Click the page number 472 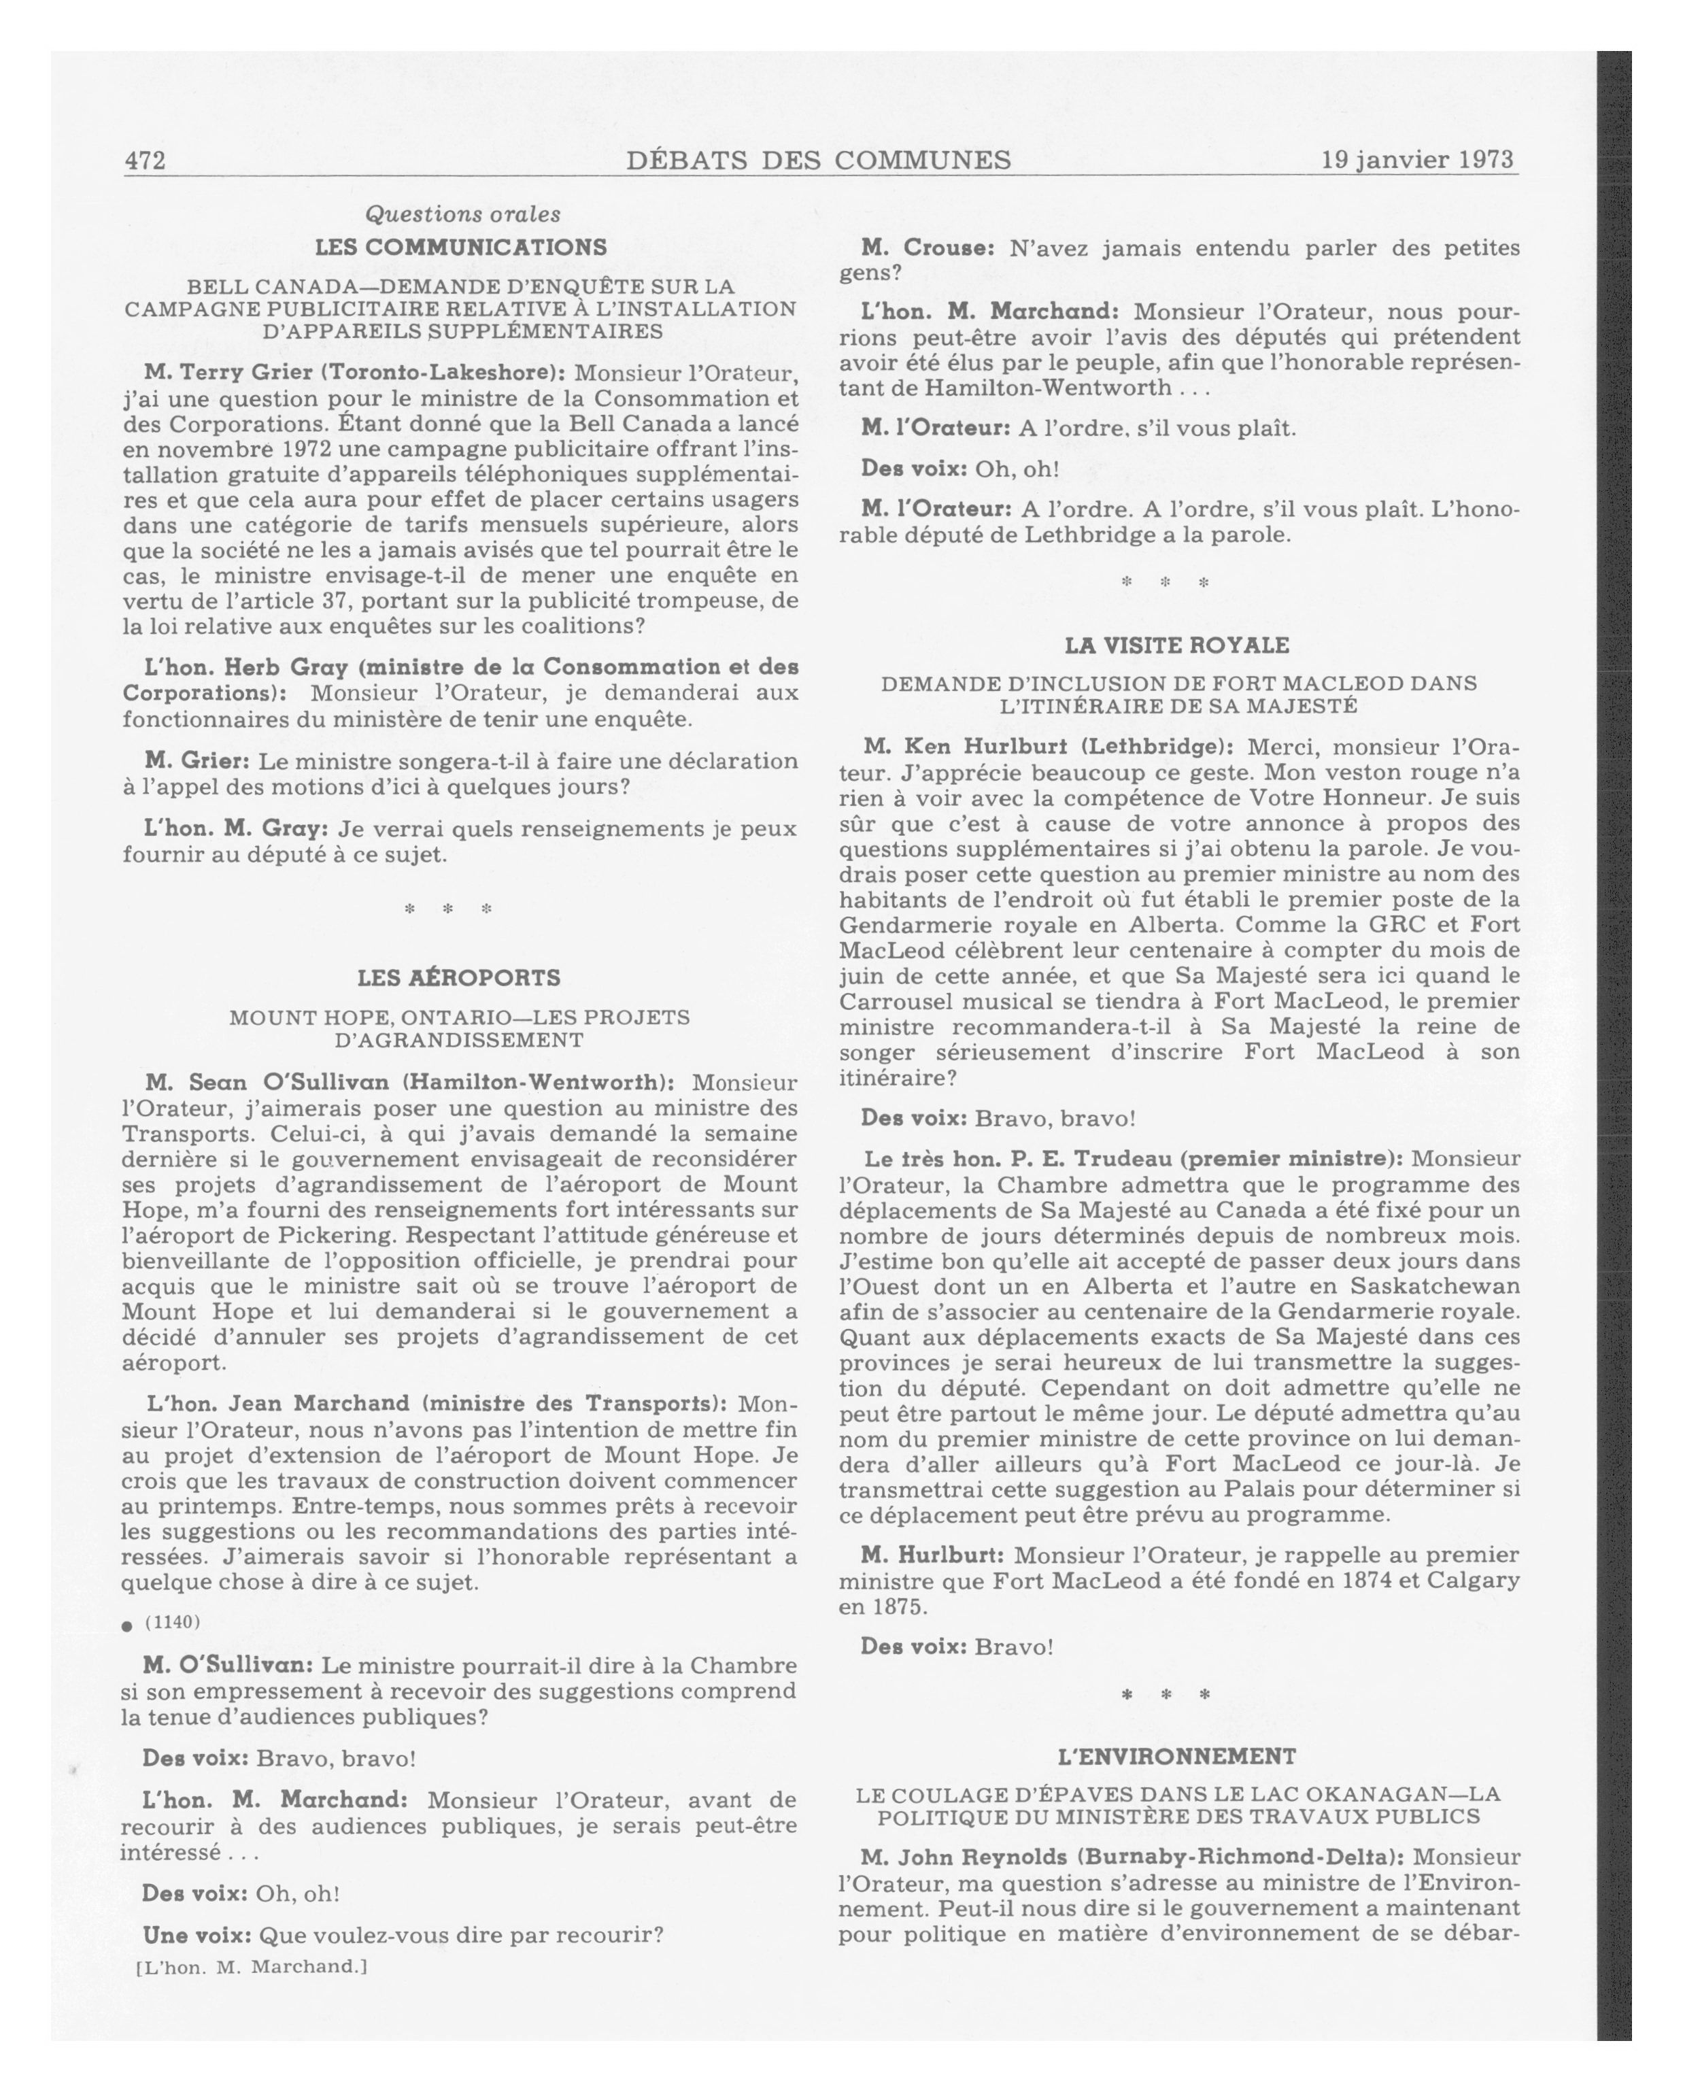tap(145, 160)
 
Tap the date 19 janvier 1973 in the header tap(1416, 159)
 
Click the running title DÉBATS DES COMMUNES tap(818, 160)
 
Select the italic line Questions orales tap(462, 214)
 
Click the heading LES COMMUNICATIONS tap(461, 248)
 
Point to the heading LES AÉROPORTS tap(459, 977)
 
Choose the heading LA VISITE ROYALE tap(1176, 645)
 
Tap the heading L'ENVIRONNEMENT tap(1176, 1756)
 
